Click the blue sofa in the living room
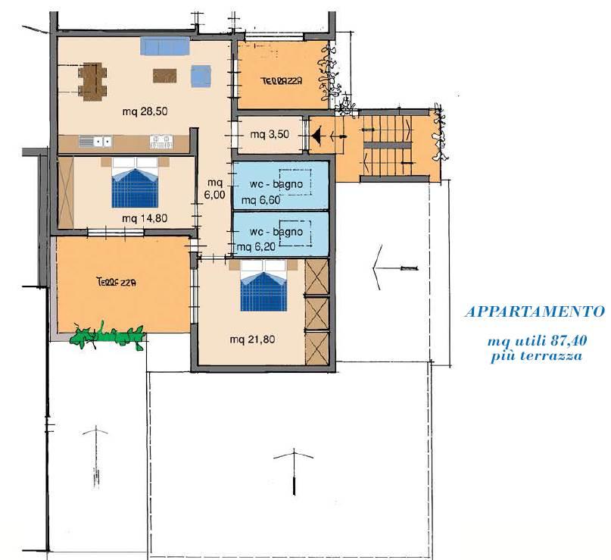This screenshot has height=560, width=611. coord(165,46)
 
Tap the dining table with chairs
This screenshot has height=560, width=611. coord(92,82)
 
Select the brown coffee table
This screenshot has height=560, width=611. coord(164,76)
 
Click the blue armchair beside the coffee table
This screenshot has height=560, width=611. coord(201,76)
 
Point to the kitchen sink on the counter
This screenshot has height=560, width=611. coord(95,141)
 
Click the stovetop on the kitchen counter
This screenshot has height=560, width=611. coord(161,141)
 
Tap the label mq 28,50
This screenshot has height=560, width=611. coord(145,111)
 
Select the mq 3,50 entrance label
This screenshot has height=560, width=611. coord(270,135)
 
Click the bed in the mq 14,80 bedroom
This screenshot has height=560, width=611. coord(135,183)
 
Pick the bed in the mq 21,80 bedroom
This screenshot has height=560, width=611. coord(263,286)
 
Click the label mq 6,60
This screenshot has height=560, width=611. coord(260,200)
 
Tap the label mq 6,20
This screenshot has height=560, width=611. coord(256,246)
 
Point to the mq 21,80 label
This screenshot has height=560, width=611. coord(252,339)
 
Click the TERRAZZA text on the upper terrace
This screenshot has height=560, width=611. coord(282,81)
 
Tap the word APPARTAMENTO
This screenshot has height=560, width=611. coord(535,311)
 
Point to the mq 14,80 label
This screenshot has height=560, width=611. coord(145,218)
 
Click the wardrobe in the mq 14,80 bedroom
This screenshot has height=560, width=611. coord(65,192)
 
